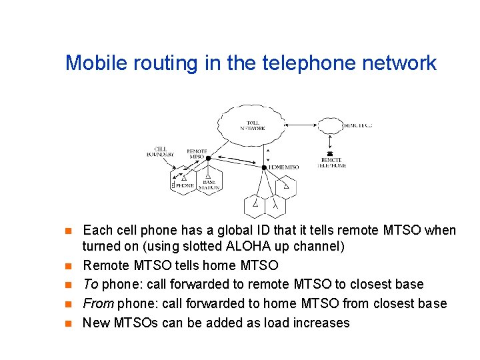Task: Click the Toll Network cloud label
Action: click(253, 125)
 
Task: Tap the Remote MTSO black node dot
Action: click(208, 159)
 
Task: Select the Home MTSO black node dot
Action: click(265, 167)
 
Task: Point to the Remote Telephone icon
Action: click(330, 153)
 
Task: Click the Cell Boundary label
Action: click(160, 151)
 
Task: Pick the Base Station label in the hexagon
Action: click(209, 184)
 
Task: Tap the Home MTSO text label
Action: click(283, 167)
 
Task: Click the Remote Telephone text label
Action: click(331, 163)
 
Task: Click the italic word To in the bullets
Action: click(91, 285)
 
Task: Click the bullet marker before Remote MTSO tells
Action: click(67, 266)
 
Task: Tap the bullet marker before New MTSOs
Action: click(67, 324)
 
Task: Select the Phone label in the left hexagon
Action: click(184, 185)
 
